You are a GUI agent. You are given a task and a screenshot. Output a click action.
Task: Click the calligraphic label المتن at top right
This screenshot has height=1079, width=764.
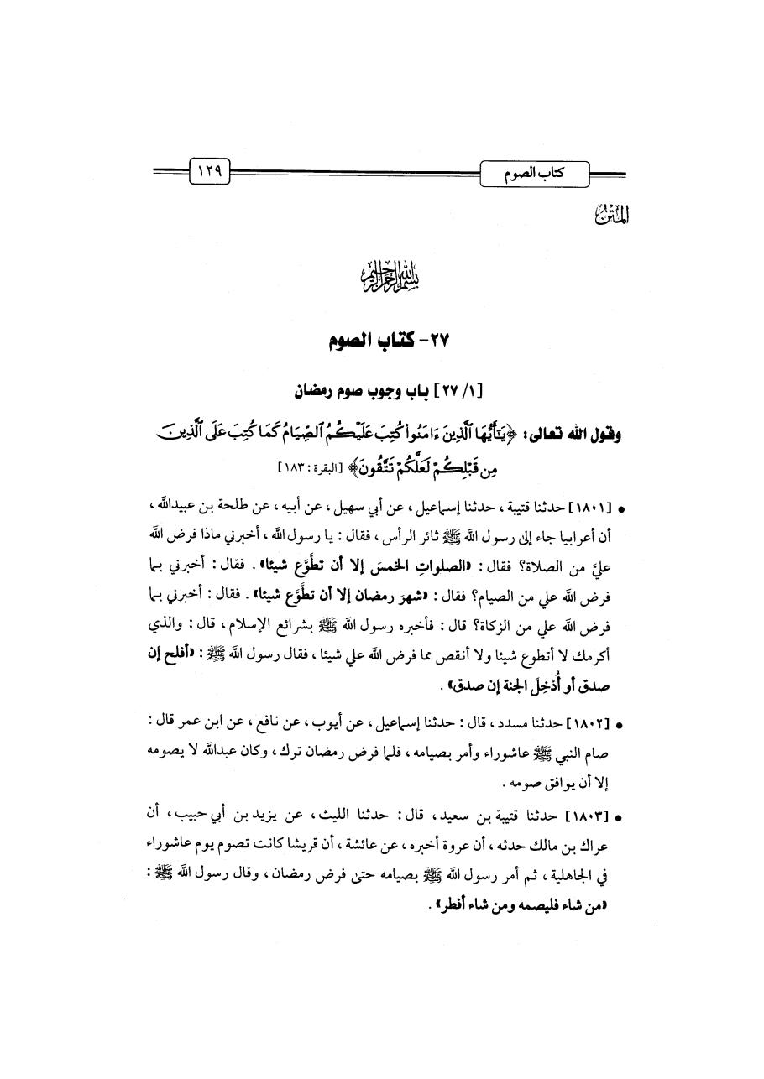point(616,216)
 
